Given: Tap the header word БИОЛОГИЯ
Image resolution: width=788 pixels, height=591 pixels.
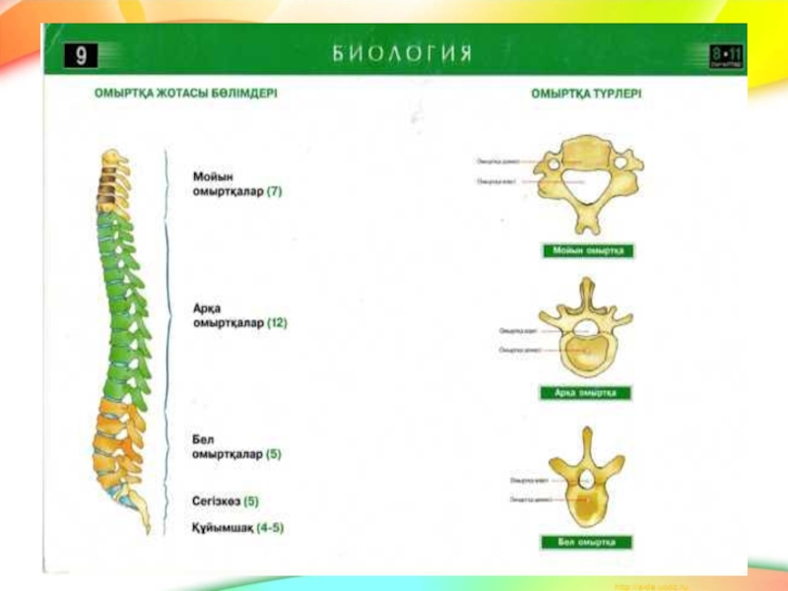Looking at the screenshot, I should pyautogui.click(x=401, y=53).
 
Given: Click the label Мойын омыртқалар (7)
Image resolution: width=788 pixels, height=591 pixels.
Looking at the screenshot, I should pyautogui.click(x=236, y=184).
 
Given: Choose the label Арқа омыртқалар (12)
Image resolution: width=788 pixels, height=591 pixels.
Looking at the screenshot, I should pyautogui.click(x=239, y=314).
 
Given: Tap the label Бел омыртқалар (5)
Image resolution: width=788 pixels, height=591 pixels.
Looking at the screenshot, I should pyautogui.click(x=236, y=446).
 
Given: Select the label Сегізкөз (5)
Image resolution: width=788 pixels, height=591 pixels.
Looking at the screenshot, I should pyautogui.click(x=226, y=501).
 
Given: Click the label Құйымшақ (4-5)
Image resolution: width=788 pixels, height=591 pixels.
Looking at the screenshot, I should pyautogui.click(x=237, y=527).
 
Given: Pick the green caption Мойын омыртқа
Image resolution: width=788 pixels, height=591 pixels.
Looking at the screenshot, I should pyautogui.click(x=589, y=251).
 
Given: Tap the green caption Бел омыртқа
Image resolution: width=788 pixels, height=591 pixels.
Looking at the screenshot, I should pyautogui.click(x=586, y=542).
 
